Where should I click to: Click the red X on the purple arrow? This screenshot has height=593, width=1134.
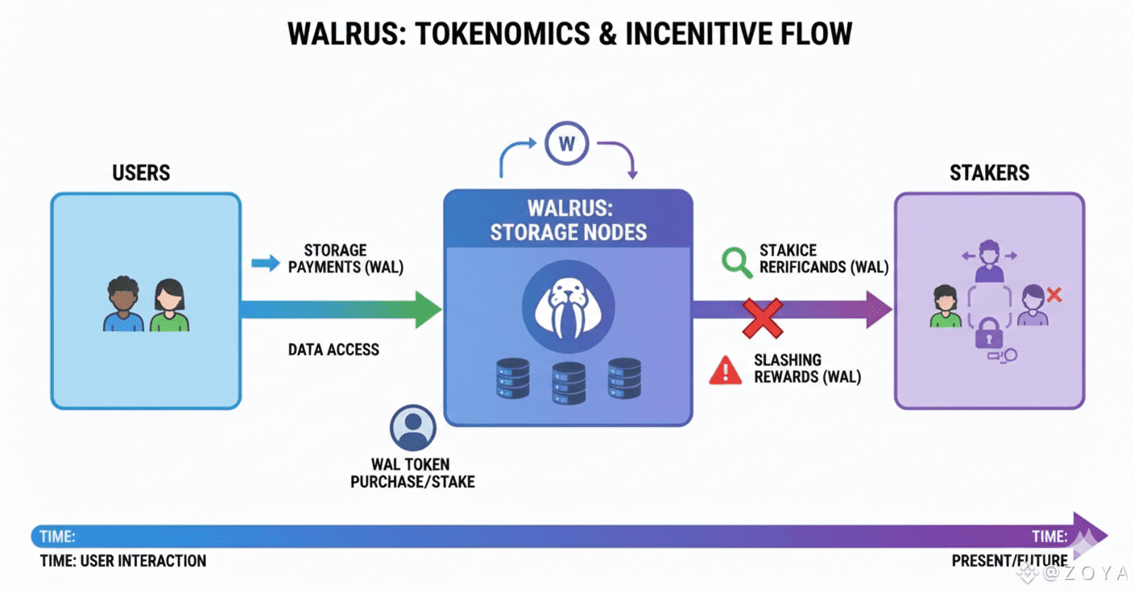click(762, 317)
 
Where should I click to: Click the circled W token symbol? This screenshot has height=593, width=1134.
click(566, 145)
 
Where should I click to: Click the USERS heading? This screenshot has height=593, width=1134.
click(141, 172)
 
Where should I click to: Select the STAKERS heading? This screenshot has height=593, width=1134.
click(989, 172)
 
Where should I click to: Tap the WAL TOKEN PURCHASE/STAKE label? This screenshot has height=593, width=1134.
click(412, 473)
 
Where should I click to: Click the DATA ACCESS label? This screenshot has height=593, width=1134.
click(333, 350)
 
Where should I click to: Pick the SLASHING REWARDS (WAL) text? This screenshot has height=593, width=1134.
click(807, 368)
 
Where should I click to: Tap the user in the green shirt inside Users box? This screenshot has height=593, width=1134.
click(169, 306)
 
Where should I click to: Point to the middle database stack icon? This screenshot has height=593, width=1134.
click(569, 382)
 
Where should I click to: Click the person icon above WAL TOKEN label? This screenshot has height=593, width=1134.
click(412, 427)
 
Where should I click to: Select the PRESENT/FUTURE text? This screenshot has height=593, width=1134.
click(1009, 561)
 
